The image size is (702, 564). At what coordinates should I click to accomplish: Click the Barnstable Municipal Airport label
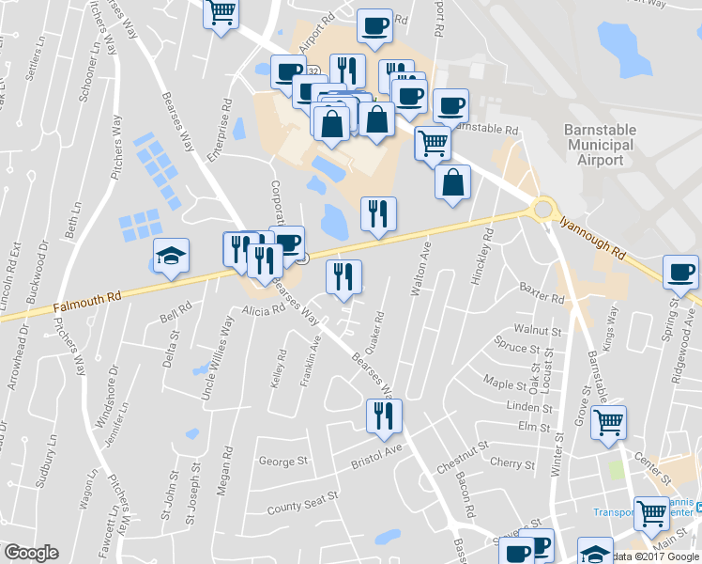pos(600,144)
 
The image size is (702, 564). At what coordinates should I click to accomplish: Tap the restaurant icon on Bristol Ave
pos(383,415)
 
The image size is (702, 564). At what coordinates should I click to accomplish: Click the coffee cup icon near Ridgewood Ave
pos(679,274)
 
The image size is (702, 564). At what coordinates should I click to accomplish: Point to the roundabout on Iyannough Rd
pos(542,208)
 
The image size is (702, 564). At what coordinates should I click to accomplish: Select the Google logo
pos(32,553)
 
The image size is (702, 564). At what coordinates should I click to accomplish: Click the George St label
pos(283,462)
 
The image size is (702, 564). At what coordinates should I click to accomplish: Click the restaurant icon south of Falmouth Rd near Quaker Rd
pos(343,278)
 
